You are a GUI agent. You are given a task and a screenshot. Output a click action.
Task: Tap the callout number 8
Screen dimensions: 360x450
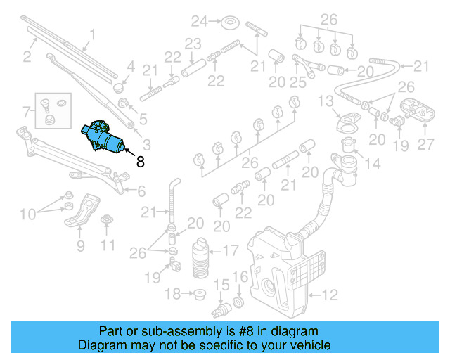pos(140,162)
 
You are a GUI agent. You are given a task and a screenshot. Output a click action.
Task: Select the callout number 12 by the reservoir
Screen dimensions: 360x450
pos(330,294)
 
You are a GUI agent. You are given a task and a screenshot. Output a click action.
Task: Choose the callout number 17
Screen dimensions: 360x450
pos(231,250)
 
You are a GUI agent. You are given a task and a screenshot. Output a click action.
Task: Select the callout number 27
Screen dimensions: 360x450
pos(426,145)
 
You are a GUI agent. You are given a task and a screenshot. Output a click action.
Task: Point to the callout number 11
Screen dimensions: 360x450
pos(106,245)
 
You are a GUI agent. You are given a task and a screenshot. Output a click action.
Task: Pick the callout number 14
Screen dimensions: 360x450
pos(372,165)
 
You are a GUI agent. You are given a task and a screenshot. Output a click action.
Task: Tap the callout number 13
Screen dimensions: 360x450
pos(325,103)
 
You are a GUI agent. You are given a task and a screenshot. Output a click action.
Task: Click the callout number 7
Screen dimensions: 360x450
pos(27,112)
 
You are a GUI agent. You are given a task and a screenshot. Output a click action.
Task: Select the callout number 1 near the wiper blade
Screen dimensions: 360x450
pos(92,33)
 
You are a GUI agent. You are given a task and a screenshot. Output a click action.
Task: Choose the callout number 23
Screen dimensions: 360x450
pos(193,44)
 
